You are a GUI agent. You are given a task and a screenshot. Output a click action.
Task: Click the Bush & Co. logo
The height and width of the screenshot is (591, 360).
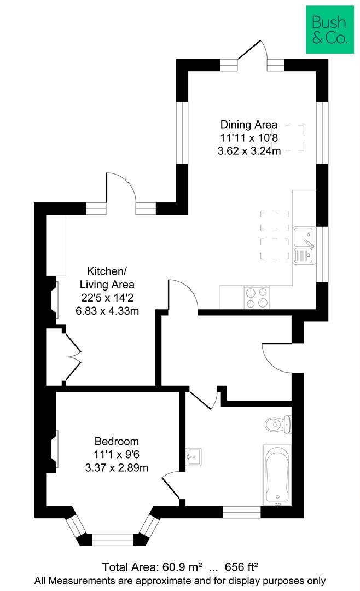click(329, 30)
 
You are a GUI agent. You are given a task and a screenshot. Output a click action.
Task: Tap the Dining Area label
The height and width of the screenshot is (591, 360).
click(249, 124)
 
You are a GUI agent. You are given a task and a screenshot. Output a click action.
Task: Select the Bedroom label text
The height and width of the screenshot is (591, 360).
click(117, 441)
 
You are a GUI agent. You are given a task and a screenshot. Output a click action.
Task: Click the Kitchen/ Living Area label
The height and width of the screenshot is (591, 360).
click(107, 277)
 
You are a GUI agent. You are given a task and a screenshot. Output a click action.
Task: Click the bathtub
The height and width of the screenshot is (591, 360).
click(277, 474)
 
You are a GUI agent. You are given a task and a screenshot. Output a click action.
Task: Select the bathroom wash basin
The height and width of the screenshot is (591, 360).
click(193, 456)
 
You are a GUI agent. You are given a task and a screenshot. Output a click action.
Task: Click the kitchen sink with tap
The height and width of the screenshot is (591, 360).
click(304, 246)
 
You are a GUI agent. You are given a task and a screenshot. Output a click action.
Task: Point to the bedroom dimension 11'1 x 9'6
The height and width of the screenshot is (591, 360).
click(117, 454)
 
